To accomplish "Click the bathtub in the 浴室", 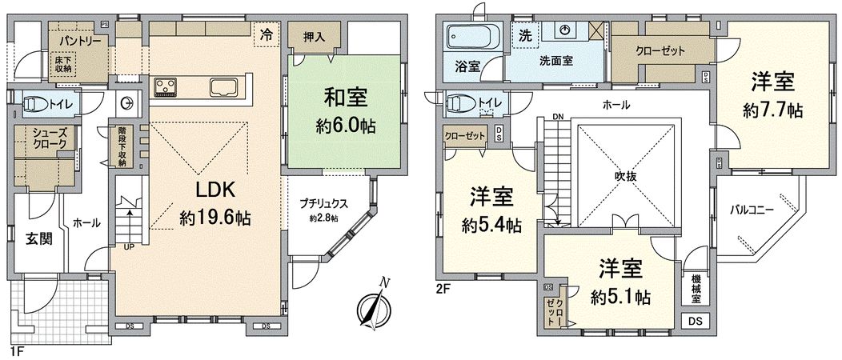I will click(x=472, y=38).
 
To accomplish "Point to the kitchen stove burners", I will click(x=166, y=86).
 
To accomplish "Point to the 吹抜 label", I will click(x=626, y=177).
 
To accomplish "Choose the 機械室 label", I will click(x=697, y=289).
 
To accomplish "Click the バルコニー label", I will click(x=752, y=211).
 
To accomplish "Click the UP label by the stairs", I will click(x=128, y=247).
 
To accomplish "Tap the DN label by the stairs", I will click(x=557, y=118).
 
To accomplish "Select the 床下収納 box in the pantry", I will click(x=63, y=63).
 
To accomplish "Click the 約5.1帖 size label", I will click(x=620, y=297).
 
